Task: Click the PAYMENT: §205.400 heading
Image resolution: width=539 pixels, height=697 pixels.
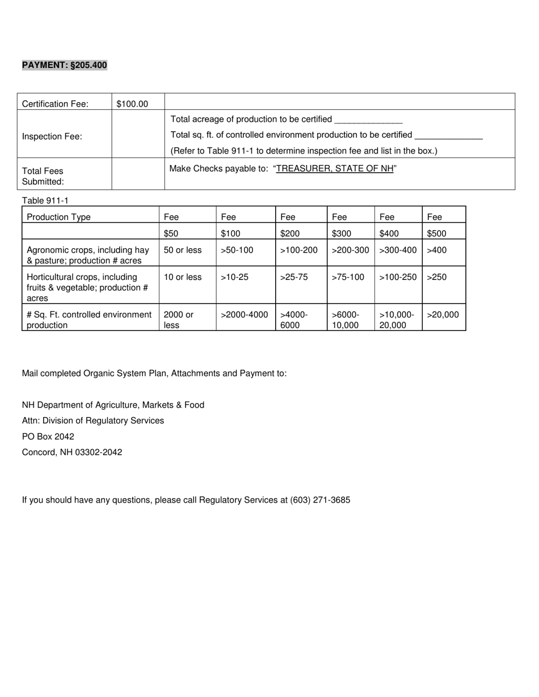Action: click(64, 65)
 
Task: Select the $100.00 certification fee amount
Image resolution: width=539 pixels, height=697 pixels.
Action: click(132, 104)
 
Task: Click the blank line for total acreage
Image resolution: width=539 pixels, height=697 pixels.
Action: click(368, 120)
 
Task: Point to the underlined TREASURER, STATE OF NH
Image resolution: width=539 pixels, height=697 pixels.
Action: click(335, 168)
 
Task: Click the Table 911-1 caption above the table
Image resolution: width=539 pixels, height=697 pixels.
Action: click(45, 200)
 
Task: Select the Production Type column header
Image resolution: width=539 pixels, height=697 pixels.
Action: click(59, 216)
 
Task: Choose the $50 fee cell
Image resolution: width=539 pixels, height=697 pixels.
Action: click(171, 233)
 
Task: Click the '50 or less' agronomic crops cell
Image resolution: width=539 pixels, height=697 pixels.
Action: click(183, 250)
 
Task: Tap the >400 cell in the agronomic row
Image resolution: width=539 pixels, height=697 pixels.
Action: click(437, 250)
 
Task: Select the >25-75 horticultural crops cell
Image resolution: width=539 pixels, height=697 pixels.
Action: click(294, 277)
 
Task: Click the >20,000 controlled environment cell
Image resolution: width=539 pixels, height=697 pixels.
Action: click(443, 314)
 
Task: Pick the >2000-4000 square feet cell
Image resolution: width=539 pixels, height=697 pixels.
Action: click(244, 314)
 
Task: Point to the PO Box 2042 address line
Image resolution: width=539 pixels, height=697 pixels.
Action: click(48, 436)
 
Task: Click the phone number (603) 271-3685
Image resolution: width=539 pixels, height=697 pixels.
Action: click(320, 500)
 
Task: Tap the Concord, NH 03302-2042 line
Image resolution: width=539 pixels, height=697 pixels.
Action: click(72, 452)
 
